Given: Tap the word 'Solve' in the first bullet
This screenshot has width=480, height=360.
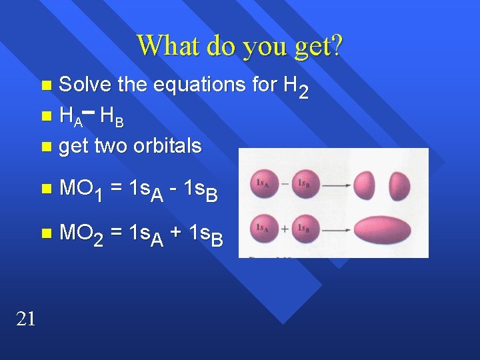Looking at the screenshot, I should [86, 85].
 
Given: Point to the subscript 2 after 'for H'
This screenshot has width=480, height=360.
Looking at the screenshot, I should [303, 93].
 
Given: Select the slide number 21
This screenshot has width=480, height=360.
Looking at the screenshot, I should [25, 319].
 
